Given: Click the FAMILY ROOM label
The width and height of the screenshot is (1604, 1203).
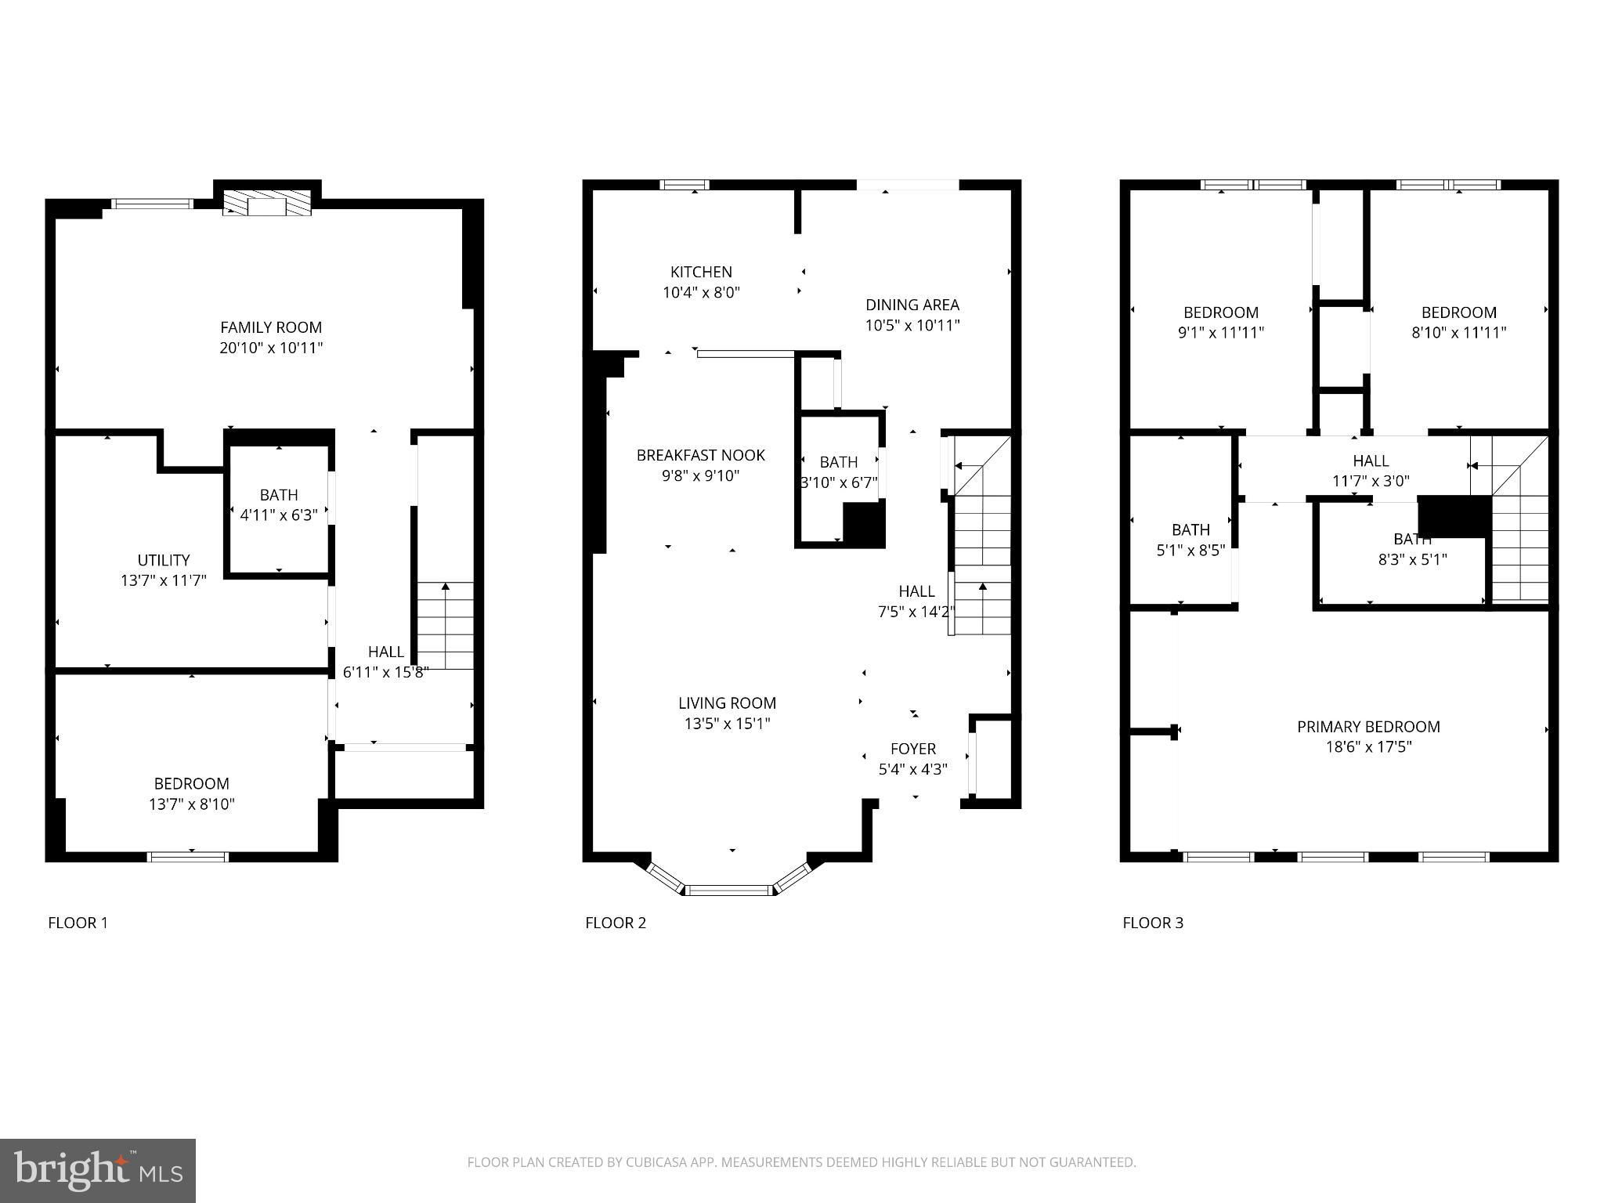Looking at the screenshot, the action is pyautogui.click(x=271, y=327).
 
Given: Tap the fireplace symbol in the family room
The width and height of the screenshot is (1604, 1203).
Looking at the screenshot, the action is pyautogui.click(x=267, y=204).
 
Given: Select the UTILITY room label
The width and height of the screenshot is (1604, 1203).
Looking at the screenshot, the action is pyautogui.click(x=164, y=560).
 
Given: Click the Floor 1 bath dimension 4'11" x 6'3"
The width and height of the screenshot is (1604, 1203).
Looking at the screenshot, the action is pyautogui.click(x=279, y=515).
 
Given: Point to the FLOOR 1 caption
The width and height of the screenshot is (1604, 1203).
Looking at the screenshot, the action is pyautogui.click(x=78, y=923).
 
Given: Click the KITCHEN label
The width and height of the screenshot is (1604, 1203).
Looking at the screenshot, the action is pyautogui.click(x=701, y=272).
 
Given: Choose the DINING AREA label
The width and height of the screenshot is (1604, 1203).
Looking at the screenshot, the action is pyautogui.click(x=912, y=305).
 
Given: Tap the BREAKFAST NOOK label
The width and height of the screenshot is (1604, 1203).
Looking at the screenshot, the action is pyautogui.click(x=701, y=455).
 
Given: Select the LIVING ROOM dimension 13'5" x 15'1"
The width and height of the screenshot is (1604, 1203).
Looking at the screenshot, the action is pyautogui.click(x=728, y=724).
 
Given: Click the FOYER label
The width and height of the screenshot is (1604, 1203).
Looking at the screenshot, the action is pyautogui.click(x=913, y=749).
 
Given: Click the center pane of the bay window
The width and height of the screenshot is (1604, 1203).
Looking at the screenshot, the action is pyautogui.click(x=730, y=890).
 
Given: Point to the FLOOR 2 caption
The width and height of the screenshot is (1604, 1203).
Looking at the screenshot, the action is pyautogui.click(x=616, y=923).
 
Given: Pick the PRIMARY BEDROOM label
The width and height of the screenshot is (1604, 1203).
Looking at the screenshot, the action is pyautogui.click(x=1369, y=727).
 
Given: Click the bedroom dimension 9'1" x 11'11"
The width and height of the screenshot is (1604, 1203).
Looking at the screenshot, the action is pyautogui.click(x=1221, y=332).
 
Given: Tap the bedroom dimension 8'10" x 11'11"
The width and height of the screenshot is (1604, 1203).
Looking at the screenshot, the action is pyautogui.click(x=1459, y=332).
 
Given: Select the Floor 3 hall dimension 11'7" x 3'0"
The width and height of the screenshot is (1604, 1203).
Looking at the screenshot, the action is pyautogui.click(x=1371, y=481).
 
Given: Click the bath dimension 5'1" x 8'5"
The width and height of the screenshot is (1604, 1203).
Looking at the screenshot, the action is pyautogui.click(x=1190, y=551).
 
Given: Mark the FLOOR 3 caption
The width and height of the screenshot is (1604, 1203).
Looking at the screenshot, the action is pyautogui.click(x=1153, y=923).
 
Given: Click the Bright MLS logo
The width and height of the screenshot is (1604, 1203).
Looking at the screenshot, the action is pyautogui.click(x=98, y=1171).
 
